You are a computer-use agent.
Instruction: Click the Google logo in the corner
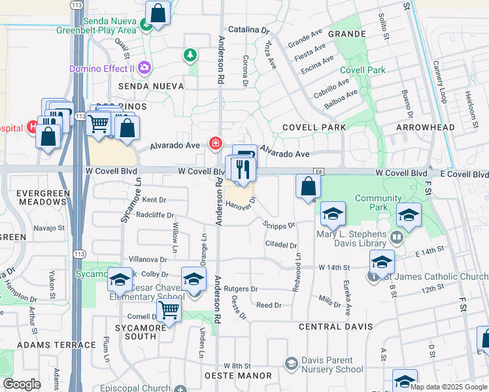21,384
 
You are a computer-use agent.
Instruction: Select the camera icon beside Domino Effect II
144,68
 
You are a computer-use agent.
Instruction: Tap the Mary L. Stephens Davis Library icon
397,237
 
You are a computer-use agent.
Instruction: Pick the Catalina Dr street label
248,30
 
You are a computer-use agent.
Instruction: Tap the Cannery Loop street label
439,82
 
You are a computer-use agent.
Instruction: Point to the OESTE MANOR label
238,376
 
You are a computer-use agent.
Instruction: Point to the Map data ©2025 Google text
448,387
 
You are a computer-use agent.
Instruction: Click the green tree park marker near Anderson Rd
190,55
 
